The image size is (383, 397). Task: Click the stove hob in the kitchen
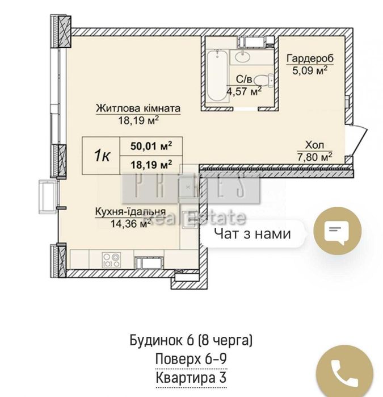(111, 260)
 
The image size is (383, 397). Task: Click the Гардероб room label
(309, 59)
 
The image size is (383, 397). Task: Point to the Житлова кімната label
(138, 108)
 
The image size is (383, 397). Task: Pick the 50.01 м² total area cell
(151, 145)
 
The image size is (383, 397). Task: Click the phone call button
(343, 373)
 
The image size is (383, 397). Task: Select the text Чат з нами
(252, 233)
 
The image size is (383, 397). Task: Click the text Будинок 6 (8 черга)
(191, 341)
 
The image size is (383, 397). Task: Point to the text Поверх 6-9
(191, 359)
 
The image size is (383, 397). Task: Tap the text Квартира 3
(191, 378)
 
